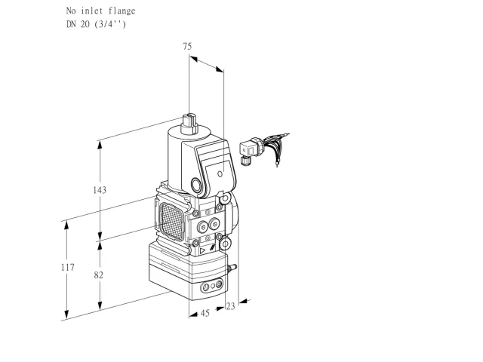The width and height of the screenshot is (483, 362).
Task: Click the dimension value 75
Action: click(187, 46)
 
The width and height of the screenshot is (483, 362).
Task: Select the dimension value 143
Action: click(100, 190)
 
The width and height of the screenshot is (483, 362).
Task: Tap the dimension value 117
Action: click(67, 267)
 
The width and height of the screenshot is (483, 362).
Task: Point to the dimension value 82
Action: click(98, 275)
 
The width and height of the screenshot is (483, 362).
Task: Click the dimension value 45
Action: click(205, 314)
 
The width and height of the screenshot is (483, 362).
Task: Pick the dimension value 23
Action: click(230, 306)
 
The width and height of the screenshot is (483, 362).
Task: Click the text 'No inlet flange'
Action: click(100, 11)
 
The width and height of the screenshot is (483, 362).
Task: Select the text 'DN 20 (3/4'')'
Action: click(96, 24)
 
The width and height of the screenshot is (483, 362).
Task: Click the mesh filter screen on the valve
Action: click(172, 222)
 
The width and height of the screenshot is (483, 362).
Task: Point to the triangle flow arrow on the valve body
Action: click(202, 251)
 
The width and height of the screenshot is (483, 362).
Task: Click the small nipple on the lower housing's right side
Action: click(232, 268)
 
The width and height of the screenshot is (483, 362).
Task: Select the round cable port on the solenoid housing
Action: click(196, 185)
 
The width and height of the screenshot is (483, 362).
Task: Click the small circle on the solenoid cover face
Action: click(220, 174)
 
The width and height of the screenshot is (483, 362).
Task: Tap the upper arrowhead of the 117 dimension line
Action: click(66, 226)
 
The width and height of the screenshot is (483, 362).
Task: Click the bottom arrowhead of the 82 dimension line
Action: click(100, 305)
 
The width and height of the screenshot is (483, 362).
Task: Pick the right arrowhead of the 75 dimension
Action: click(220, 69)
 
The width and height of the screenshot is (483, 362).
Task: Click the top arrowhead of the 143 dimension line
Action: click(100, 146)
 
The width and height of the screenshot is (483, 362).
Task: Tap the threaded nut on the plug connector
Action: click(245, 161)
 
